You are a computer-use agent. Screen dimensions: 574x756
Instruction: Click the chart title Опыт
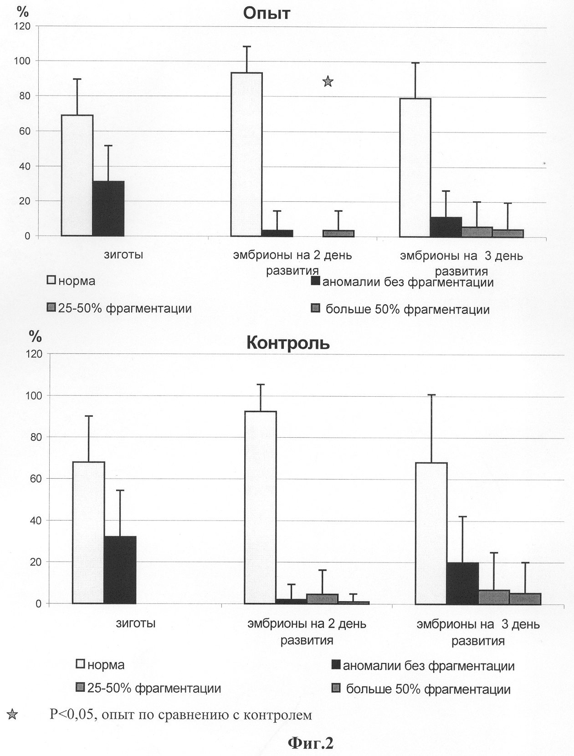[266, 13]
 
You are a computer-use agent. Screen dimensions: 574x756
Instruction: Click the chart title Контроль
[288, 342]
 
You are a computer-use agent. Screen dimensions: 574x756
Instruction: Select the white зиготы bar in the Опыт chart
[77, 175]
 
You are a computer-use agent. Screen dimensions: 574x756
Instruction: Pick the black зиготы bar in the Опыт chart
[108, 209]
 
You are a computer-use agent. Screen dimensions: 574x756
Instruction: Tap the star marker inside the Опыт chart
[328, 82]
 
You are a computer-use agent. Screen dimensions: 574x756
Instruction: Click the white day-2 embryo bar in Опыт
[246, 154]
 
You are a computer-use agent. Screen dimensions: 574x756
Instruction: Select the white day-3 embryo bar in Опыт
[415, 168]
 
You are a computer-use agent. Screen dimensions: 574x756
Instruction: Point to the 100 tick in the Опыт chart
[22, 61]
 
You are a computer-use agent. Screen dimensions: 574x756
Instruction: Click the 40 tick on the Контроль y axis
[34, 521]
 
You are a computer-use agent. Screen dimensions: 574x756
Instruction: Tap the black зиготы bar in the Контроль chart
[120, 570]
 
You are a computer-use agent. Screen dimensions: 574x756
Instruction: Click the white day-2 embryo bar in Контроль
[261, 507]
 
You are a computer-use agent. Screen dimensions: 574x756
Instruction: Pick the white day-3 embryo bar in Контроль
[431, 533]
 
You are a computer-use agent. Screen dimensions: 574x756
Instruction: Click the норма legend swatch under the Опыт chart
[51, 280]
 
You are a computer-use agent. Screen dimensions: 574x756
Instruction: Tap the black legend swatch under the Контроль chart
[336, 664]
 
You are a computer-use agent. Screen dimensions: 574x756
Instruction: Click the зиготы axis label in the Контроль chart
[136, 623]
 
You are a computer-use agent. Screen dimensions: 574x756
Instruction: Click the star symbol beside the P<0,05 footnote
[12, 714]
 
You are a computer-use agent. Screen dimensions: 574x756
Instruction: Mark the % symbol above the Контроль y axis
[35, 336]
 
